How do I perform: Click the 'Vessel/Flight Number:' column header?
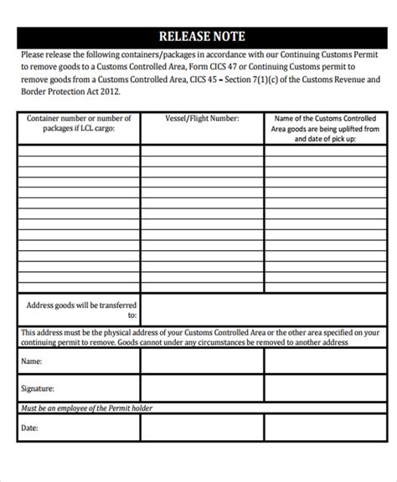[202, 119]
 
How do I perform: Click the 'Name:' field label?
[31, 361]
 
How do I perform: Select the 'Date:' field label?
[30, 428]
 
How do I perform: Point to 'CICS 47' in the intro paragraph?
[221, 65]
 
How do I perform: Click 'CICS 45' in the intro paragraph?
[204, 79]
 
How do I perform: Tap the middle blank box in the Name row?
[202, 361]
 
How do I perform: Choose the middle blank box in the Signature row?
[202, 388]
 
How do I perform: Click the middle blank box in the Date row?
[202, 428]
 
